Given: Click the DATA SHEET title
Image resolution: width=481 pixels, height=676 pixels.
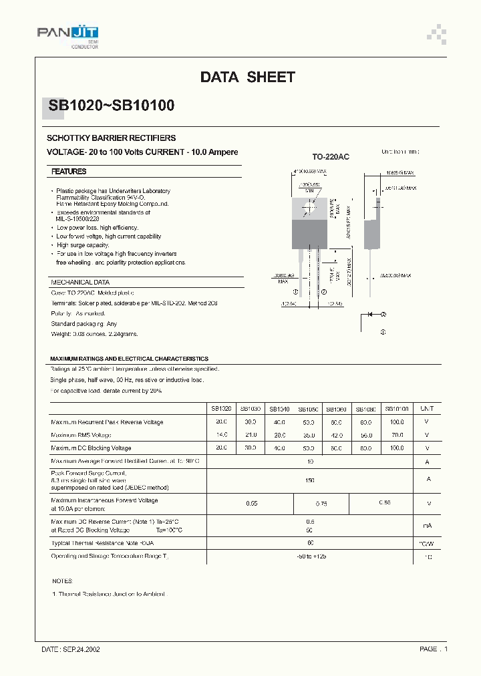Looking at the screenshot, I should tap(247, 77).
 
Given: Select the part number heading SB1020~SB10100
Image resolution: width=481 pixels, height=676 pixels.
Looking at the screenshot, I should tap(112, 106).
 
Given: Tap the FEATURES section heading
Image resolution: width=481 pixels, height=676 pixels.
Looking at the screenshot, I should tap(69, 172).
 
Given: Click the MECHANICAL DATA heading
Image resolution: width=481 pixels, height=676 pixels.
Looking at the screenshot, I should tap(80, 283).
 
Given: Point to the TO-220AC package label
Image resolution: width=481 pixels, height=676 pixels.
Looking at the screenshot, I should tap(331, 156).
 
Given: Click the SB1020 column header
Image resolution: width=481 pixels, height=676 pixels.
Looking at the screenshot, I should tap(221, 408).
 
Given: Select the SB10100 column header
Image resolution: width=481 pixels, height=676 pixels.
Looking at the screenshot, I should tap(397, 408).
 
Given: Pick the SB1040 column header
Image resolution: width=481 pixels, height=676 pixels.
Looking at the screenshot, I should tap(279, 408).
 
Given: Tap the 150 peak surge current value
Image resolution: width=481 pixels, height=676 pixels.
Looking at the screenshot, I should tap(310, 480).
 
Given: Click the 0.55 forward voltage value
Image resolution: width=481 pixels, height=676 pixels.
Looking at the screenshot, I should tap(252, 503).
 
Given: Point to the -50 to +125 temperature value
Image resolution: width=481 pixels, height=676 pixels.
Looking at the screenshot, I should tap(310, 556).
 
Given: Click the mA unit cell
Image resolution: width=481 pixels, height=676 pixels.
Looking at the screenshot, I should tap(428, 526).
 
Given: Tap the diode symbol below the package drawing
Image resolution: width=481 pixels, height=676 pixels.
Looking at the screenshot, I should tap(369, 314).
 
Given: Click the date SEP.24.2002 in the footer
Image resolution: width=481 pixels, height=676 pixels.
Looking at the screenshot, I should tap(71, 649).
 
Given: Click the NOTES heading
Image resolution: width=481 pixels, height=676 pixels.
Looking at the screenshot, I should tap(61, 581).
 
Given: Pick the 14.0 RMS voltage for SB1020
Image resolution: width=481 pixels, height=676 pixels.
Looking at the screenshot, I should tap(221, 435).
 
